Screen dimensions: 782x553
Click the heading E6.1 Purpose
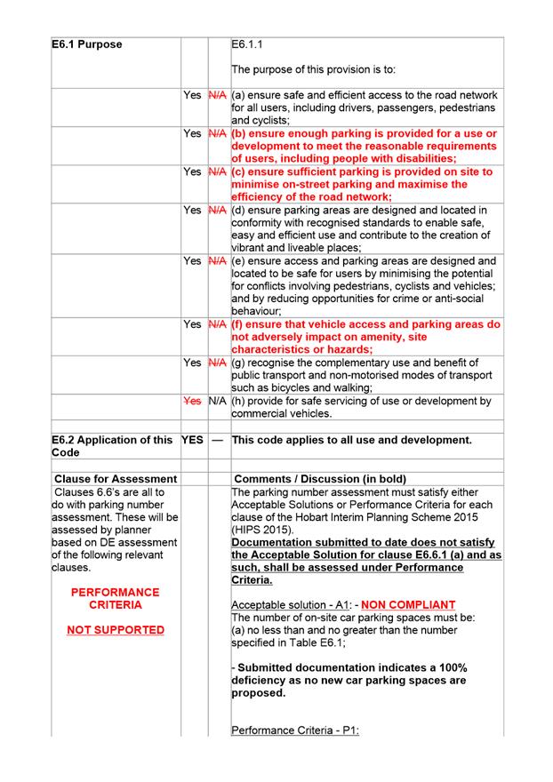point(87,44)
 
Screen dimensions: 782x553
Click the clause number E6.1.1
point(246,44)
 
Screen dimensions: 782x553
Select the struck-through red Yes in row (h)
point(192,401)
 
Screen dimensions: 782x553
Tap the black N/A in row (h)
point(217,401)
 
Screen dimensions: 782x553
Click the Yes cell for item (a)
point(192,95)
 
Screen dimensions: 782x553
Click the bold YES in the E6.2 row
point(192,440)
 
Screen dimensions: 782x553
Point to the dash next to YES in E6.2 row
point(217,440)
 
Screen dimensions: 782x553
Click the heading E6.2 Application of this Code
point(112,446)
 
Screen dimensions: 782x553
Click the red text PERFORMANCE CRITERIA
point(115,598)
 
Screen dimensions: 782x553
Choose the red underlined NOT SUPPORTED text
point(115,630)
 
